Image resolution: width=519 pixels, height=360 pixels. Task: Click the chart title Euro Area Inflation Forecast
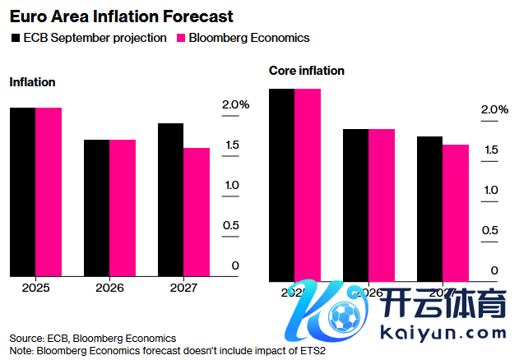coord(121,16)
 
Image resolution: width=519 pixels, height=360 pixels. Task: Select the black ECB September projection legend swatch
coord(16,38)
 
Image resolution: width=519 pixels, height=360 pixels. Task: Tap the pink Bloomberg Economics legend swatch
coord(182,38)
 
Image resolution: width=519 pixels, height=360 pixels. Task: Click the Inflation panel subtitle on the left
coord(32,82)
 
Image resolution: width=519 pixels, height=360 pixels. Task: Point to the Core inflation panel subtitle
coord(307,71)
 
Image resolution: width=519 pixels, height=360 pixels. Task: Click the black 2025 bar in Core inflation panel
coord(282,185)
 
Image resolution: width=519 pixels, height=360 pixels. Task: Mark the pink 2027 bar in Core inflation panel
coord(456,213)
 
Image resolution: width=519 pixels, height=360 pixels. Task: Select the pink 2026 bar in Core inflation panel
coord(382,205)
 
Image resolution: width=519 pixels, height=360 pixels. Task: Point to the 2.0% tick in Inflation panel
coord(235,104)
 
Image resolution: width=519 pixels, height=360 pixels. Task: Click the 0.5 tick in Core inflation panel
coord(489,230)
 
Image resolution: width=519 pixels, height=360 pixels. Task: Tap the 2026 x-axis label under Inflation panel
coord(110,288)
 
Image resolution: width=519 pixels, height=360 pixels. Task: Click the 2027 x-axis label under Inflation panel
coord(184,288)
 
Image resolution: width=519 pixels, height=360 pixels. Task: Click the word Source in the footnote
coord(25,338)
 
